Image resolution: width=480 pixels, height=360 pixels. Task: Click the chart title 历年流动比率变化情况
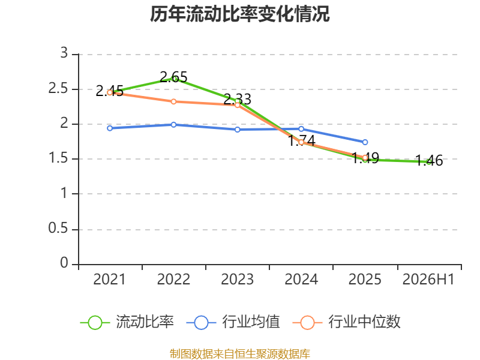(x=239, y=14)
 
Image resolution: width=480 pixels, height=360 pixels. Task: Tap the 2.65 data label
(x=173, y=77)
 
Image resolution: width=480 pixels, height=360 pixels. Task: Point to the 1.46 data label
(x=429, y=160)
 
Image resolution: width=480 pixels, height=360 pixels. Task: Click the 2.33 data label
(x=237, y=99)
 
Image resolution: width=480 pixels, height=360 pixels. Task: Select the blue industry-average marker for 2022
(x=173, y=125)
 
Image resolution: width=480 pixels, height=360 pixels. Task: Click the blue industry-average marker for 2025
(x=365, y=142)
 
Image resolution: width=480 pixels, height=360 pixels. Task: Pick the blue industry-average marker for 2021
(x=110, y=128)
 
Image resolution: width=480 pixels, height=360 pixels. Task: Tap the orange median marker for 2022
(x=173, y=101)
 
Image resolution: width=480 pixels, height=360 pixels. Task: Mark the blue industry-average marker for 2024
(x=301, y=129)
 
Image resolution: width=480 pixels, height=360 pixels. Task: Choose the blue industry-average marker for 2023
(x=238, y=130)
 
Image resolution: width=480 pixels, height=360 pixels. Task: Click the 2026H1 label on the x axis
(x=428, y=280)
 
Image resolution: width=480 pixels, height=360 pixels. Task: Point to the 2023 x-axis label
(x=237, y=280)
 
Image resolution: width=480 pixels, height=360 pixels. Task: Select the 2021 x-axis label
(x=110, y=280)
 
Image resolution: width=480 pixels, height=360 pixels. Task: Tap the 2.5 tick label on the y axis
(x=58, y=88)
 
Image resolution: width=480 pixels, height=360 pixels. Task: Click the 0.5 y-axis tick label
(x=58, y=228)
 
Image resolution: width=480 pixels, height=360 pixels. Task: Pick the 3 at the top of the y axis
(x=64, y=53)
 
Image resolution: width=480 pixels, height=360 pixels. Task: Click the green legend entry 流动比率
(x=127, y=322)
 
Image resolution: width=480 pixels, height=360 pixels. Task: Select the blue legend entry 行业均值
(x=233, y=322)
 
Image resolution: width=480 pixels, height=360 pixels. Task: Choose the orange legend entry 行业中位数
(x=347, y=322)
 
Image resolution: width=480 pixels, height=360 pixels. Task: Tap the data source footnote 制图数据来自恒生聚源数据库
(x=240, y=354)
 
